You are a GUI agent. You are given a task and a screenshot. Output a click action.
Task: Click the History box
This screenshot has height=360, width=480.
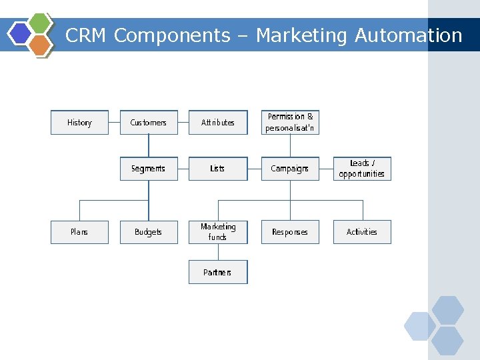click(x=79, y=123)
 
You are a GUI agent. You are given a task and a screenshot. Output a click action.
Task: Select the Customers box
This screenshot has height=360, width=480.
click(x=149, y=123)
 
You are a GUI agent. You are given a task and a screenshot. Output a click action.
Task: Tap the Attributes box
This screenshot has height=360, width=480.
click(x=218, y=123)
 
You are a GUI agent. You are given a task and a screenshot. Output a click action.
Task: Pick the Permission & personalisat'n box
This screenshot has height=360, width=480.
click(x=290, y=123)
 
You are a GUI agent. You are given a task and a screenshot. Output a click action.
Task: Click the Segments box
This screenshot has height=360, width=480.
click(x=149, y=169)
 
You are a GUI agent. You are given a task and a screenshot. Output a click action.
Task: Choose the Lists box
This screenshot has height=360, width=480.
click(x=218, y=169)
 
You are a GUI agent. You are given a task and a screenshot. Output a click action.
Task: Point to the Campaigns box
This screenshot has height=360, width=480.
click(x=290, y=169)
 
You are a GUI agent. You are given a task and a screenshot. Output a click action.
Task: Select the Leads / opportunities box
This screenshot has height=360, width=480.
click(x=362, y=169)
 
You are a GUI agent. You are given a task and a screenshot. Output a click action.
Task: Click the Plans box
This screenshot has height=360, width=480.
click(x=79, y=232)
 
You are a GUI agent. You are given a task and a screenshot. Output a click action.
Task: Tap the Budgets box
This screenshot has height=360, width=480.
click(x=149, y=232)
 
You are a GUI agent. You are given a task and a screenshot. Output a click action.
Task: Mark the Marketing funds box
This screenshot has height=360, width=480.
click(x=218, y=232)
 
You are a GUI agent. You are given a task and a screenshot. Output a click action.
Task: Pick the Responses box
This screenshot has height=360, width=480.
click(x=290, y=232)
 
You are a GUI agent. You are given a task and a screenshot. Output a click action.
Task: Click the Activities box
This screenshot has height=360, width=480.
click(x=362, y=232)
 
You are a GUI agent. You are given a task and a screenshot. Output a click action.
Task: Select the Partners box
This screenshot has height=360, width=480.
click(x=218, y=272)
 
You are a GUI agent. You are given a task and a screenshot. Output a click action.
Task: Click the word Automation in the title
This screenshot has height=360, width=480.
click(x=408, y=35)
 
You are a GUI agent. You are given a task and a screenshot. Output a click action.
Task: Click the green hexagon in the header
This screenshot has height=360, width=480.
click(x=41, y=23)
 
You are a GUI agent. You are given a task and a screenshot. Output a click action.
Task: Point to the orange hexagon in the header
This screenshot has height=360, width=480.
click(x=41, y=45)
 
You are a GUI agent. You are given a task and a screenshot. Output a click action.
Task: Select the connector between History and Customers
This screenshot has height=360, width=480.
click(x=114, y=123)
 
